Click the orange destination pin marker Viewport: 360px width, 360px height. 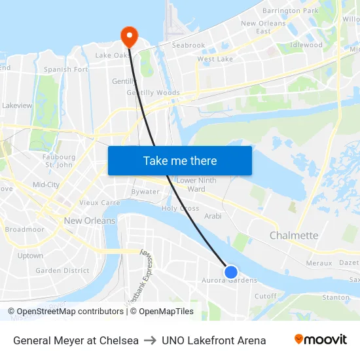click(129, 35)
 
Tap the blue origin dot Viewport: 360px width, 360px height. click(230, 272)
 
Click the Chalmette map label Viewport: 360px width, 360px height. click(294, 236)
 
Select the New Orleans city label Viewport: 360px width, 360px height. click(90, 221)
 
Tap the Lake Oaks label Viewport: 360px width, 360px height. click(113, 56)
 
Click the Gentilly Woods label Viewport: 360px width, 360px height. click(153, 93)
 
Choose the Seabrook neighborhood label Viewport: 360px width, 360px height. click(189, 46)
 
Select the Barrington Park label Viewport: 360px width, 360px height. click(290, 11)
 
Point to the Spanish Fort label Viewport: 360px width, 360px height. click(65, 69)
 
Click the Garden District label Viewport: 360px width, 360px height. click(62, 270)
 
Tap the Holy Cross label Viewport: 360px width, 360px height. click(181, 208)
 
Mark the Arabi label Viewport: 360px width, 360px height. click(213, 216)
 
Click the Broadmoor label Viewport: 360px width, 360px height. click(24, 230)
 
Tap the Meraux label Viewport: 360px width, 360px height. click(319, 262)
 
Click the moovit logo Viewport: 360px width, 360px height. click(321, 340)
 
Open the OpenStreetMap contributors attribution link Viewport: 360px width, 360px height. click(69, 312)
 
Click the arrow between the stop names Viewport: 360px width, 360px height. click(150, 340)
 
